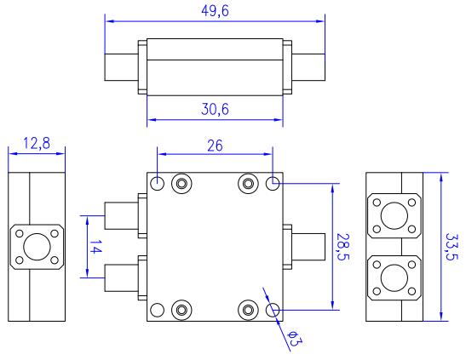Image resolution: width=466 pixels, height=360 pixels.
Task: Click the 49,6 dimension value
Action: (215, 12)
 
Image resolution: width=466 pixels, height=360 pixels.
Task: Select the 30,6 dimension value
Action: (215, 110)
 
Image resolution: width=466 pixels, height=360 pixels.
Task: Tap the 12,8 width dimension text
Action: (37, 144)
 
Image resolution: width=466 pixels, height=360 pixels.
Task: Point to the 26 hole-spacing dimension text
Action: (215, 146)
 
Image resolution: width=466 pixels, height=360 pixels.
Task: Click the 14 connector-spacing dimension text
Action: (95, 247)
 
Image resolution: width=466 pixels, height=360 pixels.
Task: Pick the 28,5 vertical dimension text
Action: (342, 247)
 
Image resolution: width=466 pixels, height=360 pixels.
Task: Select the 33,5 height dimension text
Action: (452, 247)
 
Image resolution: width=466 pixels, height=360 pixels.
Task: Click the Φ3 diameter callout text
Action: (295, 339)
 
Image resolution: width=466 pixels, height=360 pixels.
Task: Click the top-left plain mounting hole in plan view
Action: (158, 184)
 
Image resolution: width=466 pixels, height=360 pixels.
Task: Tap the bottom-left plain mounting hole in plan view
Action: (158, 310)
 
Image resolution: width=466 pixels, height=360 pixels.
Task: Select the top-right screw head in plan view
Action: (248, 184)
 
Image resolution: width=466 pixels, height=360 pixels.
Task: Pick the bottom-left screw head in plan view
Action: (181, 310)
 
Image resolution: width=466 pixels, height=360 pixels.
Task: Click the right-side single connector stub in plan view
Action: (308, 247)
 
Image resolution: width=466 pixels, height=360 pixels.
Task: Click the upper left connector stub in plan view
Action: (122, 216)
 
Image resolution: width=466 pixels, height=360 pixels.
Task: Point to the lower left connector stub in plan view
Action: (122, 277)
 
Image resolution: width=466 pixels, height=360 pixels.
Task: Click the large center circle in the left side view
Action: (37, 247)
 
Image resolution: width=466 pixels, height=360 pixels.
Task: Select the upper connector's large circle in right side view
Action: (394, 216)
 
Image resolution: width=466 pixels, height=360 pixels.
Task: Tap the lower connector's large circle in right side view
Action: (394, 277)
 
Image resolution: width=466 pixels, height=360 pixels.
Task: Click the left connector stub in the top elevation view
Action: (122, 67)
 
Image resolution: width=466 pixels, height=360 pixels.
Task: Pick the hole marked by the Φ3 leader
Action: (273, 310)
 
